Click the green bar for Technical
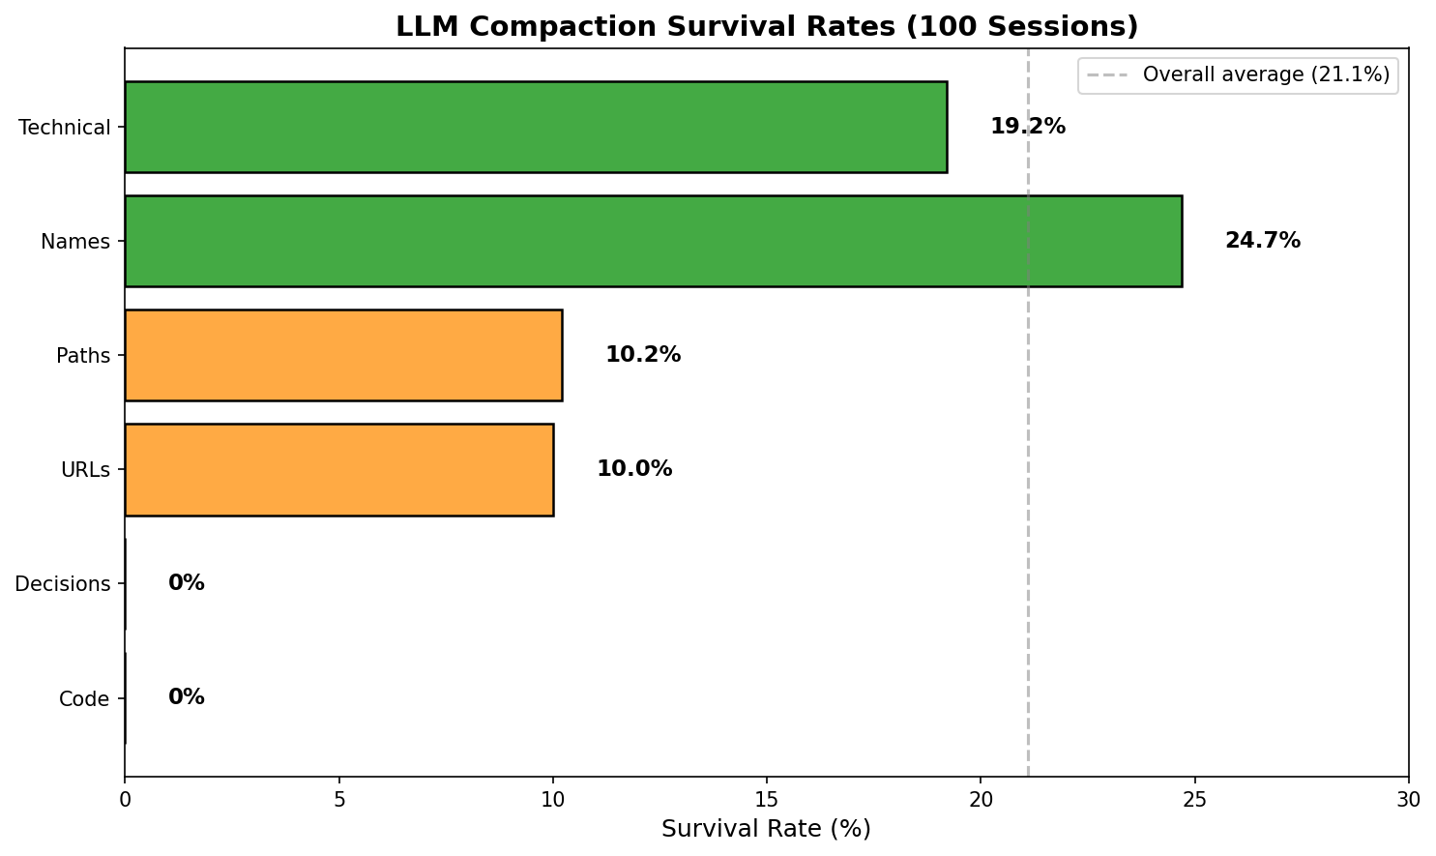click(x=535, y=127)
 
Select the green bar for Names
click(x=653, y=241)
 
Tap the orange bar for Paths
click(x=343, y=355)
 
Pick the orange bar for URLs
click(x=338, y=469)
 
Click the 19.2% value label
click(x=1027, y=127)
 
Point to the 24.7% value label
click(x=1262, y=241)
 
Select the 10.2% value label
click(x=642, y=355)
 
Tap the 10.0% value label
click(x=633, y=469)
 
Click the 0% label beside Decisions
click(x=186, y=583)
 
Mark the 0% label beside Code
click(x=186, y=697)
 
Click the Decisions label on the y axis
click(x=63, y=584)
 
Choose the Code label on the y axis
click(x=84, y=698)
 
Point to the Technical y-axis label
click(x=65, y=128)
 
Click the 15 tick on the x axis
click(x=766, y=799)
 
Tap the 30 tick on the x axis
click(x=1408, y=799)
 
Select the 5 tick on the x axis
click(x=338, y=799)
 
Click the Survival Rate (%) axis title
click(x=766, y=829)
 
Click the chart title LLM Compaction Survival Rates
click(x=766, y=26)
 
